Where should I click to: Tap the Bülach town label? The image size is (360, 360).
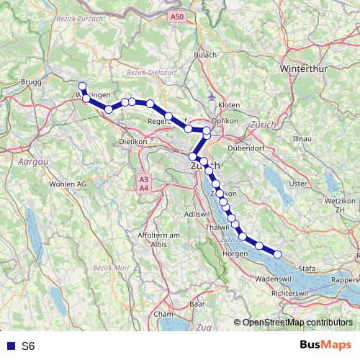click(x=205, y=55)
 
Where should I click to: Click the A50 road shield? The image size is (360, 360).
click(x=177, y=15)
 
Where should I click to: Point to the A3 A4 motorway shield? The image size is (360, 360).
click(x=144, y=183)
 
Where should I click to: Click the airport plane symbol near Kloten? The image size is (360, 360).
click(x=210, y=95)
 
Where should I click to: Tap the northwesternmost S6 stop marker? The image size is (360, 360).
click(x=82, y=86)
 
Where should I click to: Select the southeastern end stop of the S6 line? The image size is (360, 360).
click(x=277, y=253)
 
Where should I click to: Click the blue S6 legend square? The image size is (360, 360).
click(x=9, y=346)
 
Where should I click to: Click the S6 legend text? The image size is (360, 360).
click(x=28, y=346)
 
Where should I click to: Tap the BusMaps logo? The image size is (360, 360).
click(x=325, y=346)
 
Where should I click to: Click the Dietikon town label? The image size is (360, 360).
click(x=133, y=142)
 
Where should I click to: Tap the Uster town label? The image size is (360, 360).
click(x=297, y=184)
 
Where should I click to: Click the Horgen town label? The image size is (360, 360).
click(x=235, y=253)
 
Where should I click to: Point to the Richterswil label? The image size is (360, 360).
click(x=292, y=293)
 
